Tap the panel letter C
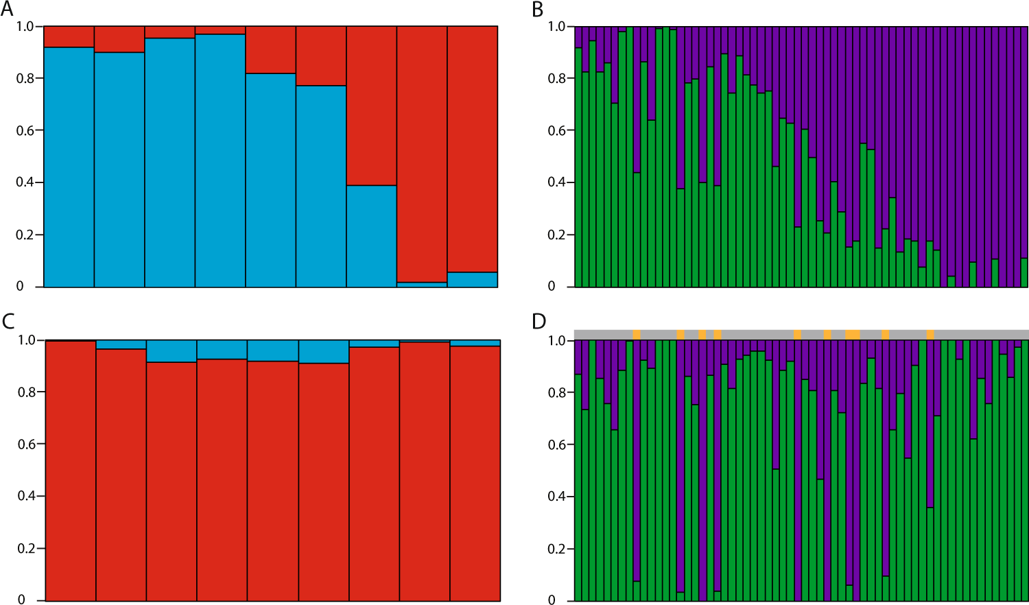8,321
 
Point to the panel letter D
539,321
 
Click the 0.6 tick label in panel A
25,130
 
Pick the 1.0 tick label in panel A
25,26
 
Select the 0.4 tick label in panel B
556,182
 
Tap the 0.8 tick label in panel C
26,392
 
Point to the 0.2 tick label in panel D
556,549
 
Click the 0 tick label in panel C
21,600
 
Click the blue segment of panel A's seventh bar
371,236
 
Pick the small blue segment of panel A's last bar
473,280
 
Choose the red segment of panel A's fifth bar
270,49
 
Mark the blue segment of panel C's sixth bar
324,352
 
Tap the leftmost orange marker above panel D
637,334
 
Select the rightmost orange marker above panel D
930,334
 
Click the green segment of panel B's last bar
1024,272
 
